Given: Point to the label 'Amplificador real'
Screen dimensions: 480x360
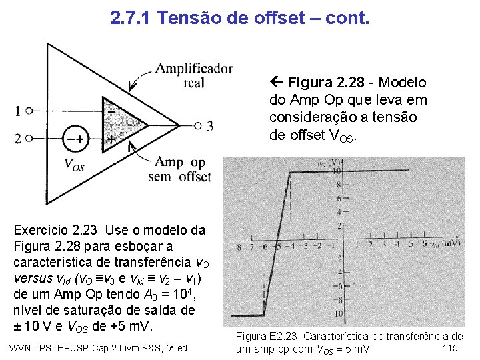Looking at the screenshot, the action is [193, 75].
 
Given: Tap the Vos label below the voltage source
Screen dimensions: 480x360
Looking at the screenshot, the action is [73, 164].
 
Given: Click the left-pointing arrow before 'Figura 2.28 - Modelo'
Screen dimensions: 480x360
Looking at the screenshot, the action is [278, 83].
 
